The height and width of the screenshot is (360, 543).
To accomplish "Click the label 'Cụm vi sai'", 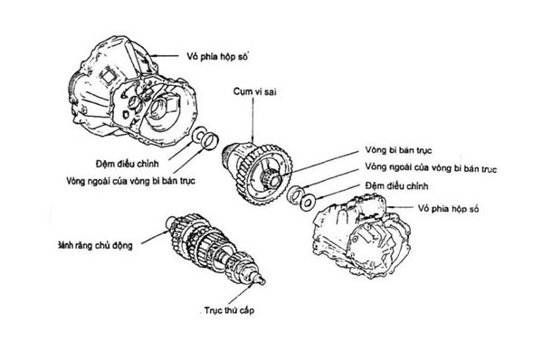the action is coord(254,91).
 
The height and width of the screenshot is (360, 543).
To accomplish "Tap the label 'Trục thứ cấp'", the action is coord(229,310).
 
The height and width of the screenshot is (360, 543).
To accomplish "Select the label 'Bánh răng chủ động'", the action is coord(95,245).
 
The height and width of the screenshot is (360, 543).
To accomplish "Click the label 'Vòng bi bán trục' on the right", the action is coord(398,150).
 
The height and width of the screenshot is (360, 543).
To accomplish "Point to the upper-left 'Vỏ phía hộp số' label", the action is coord(218,56).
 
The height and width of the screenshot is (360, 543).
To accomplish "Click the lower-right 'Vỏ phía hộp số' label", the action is coord(448,209).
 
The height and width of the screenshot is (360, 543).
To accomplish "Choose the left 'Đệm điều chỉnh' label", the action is coord(127,164).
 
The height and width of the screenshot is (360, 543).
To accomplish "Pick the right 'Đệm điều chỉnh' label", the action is coord(397,186).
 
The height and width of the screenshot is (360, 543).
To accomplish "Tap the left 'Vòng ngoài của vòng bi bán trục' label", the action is coord(131,181).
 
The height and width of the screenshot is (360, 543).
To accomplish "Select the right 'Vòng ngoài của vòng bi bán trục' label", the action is coord(431,168).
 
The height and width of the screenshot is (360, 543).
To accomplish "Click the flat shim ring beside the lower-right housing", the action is coord(308,202).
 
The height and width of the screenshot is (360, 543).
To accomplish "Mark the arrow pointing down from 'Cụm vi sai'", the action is coord(253,120).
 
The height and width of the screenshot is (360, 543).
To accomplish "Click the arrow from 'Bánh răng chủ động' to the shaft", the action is coord(155,237).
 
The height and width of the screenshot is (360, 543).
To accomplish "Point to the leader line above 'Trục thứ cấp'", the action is coord(239,294).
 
